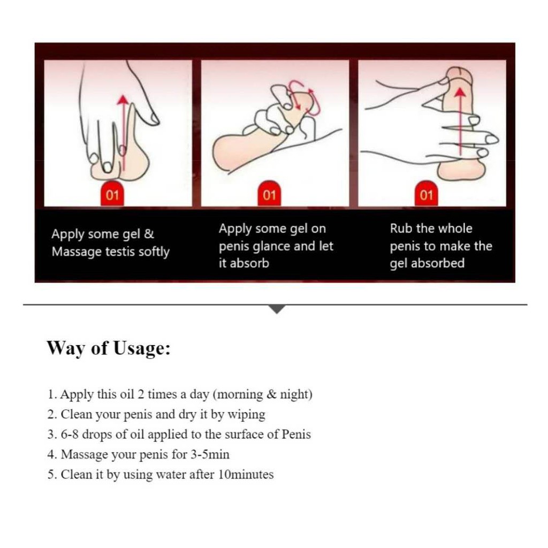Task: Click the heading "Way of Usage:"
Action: (x=108, y=348)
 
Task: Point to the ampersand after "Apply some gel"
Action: (x=149, y=234)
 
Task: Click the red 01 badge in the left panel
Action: (x=112, y=193)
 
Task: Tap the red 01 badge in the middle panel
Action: (x=269, y=193)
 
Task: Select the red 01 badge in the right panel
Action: (x=426, y=193)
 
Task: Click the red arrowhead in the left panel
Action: (x=123, y=100)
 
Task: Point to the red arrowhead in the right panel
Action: (x=461, y=92)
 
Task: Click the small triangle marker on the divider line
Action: (x=277, y=309)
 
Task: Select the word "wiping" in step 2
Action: (x=246, y=415)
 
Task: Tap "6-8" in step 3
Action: (x=70, y=435)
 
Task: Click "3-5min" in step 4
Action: (x=210, y=454)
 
